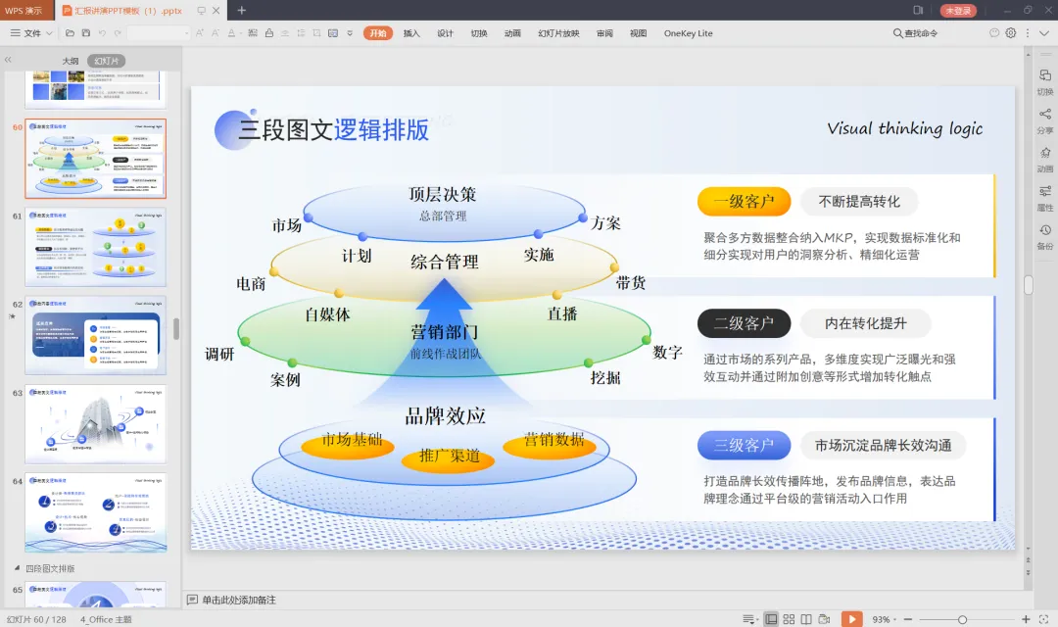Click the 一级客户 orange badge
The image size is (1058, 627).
click(x=744, y=202)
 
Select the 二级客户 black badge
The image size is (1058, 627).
click(x=744, y=323)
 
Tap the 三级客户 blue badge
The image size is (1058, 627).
click(x=744, y=446)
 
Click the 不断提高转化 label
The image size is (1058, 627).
click(x=858, y=202)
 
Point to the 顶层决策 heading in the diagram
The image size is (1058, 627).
click(x=443, y=194)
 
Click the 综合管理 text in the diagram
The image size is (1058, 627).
click(x=445, y=262)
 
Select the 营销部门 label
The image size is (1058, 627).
click(x=445, y=332)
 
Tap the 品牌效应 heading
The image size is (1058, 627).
click(x=445, y=416)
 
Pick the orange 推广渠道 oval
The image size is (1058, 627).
click(x=449, y=457)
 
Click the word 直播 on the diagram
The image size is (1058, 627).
click(x=562, y=313)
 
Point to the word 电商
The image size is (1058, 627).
click(x=251, y=284)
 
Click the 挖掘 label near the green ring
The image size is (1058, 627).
click(x=605, y=378)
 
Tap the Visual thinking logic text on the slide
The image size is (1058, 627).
click(x=904, y=128)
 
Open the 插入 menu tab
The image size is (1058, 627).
click(x=411, y=33)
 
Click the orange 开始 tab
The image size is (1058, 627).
click(x=378, y=33)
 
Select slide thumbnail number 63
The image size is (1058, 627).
click(x=95, y=423)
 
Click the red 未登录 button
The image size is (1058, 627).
click(x=958, y=11)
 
